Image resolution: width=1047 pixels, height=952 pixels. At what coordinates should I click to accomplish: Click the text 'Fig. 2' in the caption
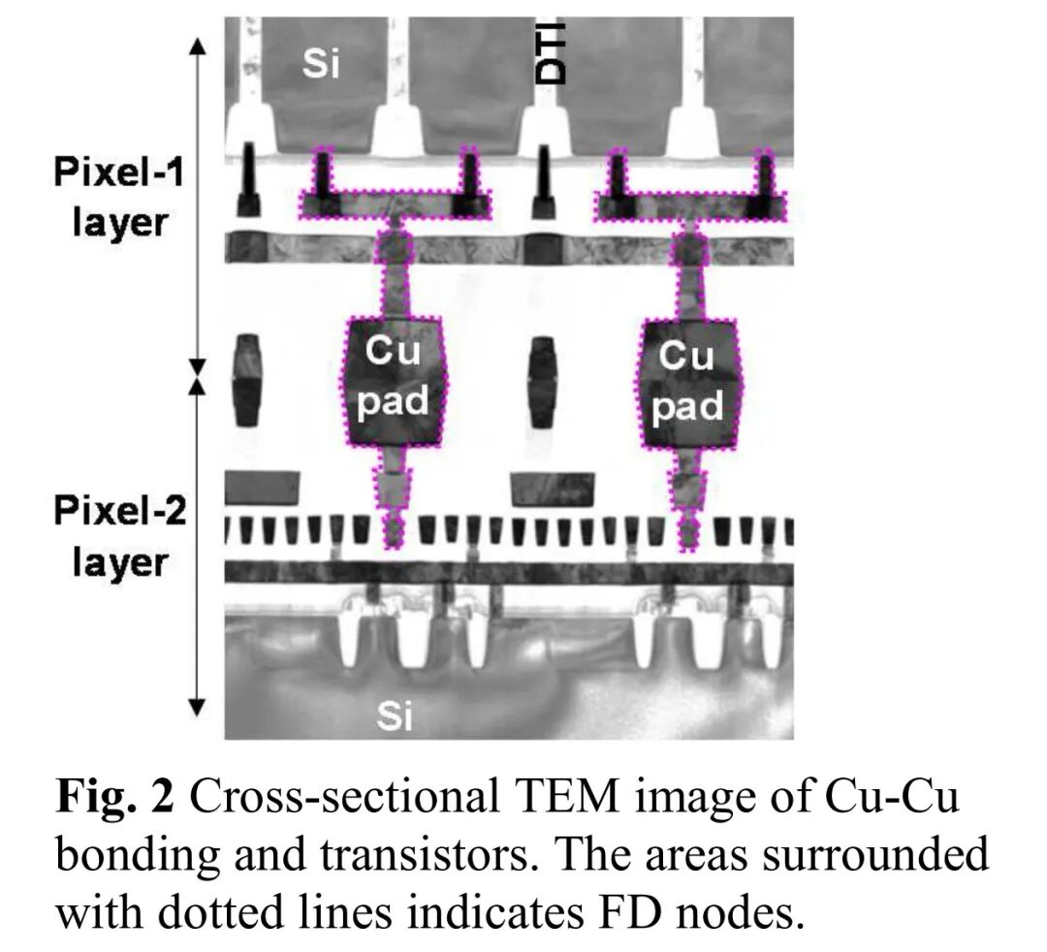[115, 798]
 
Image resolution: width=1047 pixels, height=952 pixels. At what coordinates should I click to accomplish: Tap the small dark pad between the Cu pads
[542, 380]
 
